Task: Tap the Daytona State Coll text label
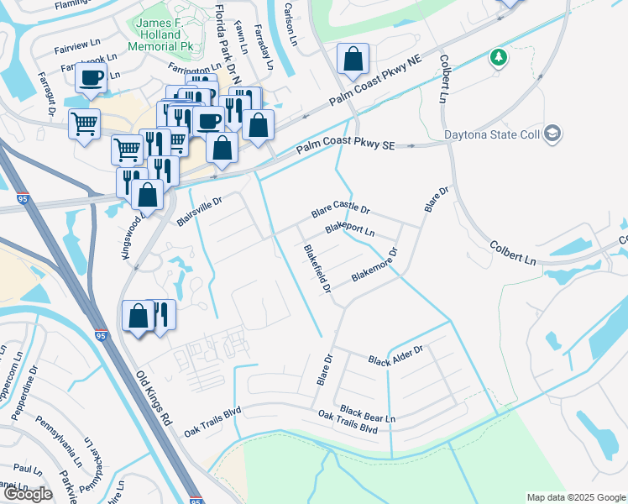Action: click(x=494, y=134)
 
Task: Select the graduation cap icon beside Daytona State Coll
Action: click(x=552, y=133)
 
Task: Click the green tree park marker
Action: click(x=500, y=57)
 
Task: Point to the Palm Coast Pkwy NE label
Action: click(x=374, y=82)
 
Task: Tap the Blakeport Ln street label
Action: click(x=349, y=228)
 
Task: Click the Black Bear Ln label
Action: click(x=367, y=413)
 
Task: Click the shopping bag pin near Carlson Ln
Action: click(x=353, y=60)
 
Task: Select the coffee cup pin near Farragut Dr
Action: click(x=90, y=78)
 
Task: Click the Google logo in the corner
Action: click(x=28, y=494)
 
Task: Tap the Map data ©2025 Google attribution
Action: click(x=575, y=497)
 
